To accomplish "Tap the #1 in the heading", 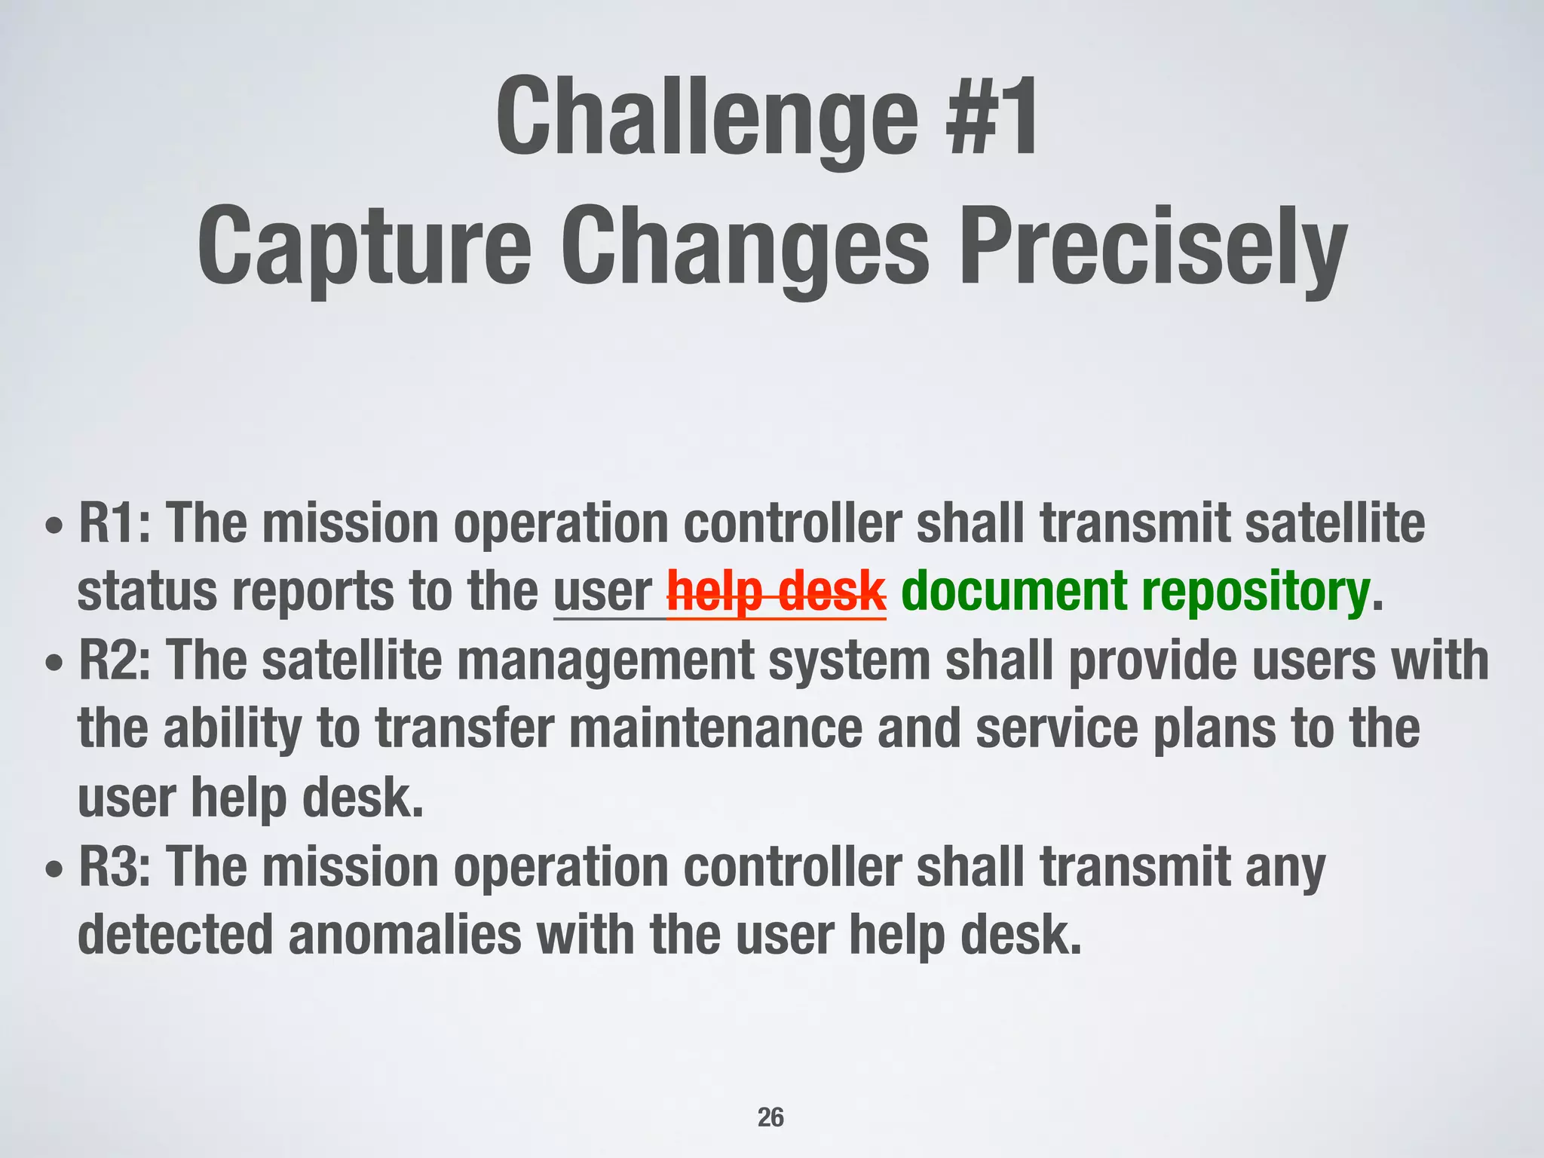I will click(994, 117).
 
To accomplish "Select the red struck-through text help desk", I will click(777, 592).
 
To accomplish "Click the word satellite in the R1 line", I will click(1334, 522).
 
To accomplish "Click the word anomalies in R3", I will click(404, 935).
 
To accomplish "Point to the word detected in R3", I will click(175, 935).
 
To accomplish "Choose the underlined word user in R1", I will click(602, 592).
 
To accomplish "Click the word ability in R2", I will click(232, 729).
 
